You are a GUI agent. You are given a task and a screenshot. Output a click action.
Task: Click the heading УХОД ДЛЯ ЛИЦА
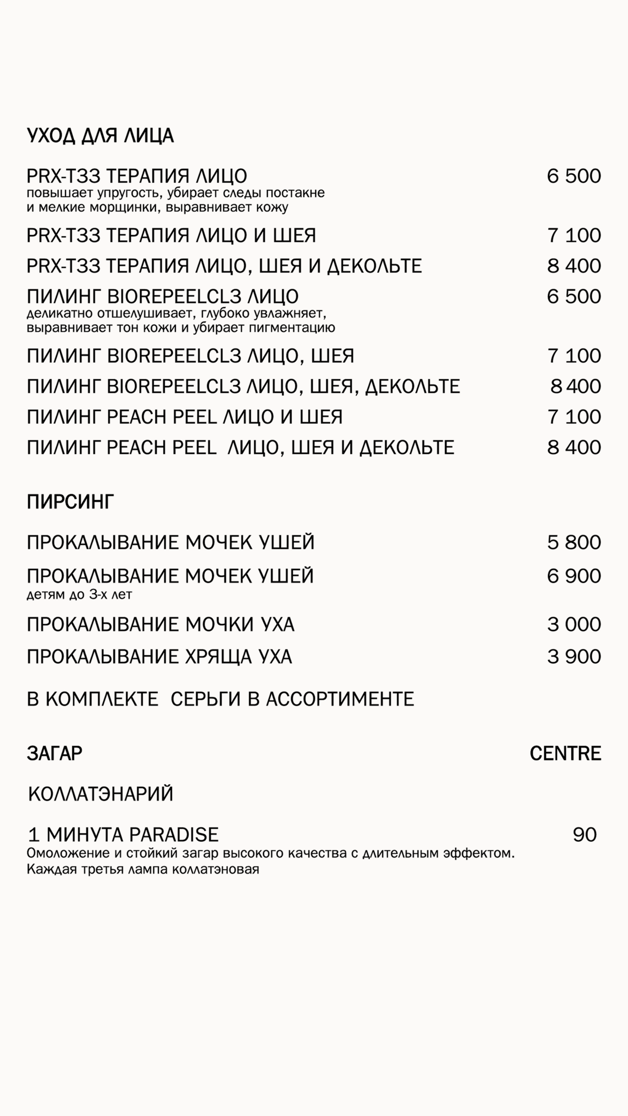100,136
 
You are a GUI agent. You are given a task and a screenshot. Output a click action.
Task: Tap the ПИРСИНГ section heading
70,502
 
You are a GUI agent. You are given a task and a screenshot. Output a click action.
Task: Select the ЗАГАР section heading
55,753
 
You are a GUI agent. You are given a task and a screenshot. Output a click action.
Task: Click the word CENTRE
565,753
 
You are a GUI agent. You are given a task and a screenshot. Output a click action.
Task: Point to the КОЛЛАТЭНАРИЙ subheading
101,794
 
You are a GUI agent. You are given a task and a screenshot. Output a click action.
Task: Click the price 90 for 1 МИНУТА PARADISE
584,834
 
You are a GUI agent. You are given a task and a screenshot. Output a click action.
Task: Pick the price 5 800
574,542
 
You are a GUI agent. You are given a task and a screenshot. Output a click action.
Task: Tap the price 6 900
574,576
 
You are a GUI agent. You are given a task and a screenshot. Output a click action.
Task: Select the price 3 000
574,624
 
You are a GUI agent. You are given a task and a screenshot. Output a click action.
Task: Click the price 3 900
574,657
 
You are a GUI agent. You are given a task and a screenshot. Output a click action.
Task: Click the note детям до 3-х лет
79,595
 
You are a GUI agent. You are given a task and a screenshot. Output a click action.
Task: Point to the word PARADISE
174,834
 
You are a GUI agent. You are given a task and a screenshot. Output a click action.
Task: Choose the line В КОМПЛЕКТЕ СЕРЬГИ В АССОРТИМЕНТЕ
220,699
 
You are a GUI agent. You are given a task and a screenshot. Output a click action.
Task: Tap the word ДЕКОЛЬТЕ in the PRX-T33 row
375,266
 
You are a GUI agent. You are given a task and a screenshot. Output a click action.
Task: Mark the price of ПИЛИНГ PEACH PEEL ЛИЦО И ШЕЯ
574,417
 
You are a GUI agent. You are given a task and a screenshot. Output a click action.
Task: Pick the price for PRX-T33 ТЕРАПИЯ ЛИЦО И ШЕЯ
574,235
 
